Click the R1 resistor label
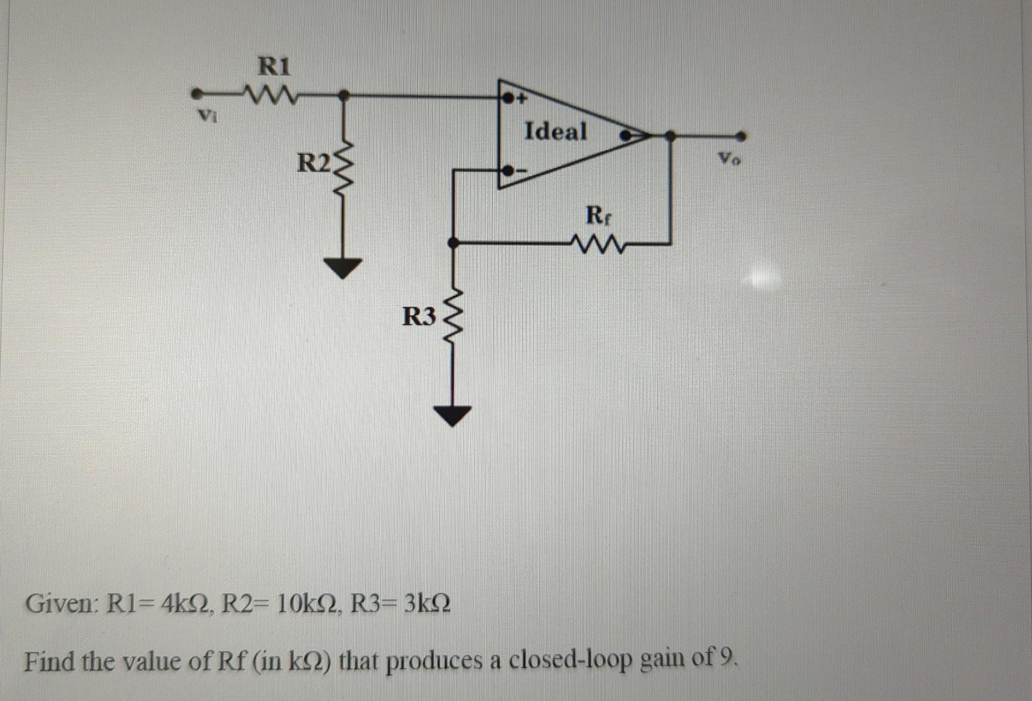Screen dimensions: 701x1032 point(275,66)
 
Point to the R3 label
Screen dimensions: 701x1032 point(419,316)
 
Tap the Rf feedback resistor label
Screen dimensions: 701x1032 point(597,215)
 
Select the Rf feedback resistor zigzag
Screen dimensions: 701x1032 point(597,245)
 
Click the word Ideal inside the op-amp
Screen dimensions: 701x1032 point(555,131)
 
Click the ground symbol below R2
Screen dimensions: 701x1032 point(344,267)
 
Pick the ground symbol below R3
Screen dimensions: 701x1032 point(453,414)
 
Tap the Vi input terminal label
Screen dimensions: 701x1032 point(206,117)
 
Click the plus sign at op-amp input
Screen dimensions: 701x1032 point(520,99)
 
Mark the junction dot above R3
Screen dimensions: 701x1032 point(454,243)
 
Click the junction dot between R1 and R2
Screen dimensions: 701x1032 point(344,96)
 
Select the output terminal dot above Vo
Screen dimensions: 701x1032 point(741,136)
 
